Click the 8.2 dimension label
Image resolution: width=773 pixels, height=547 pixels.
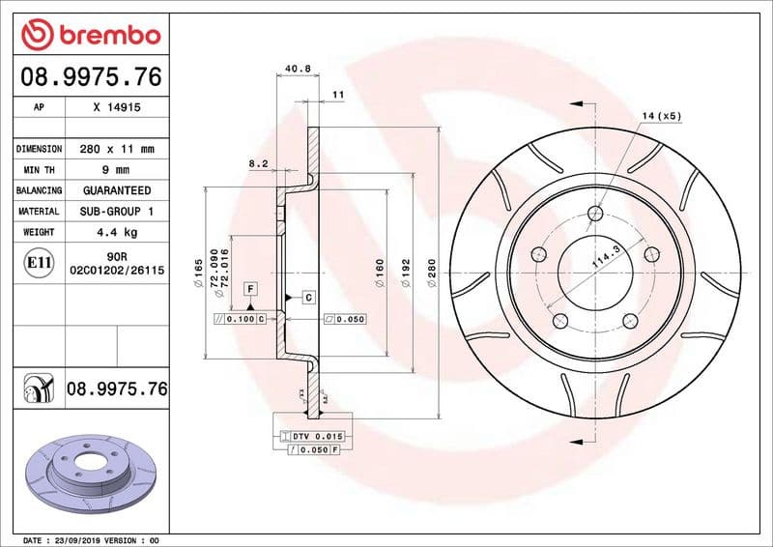[258, 164]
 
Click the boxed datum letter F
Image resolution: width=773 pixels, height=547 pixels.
[249, 288]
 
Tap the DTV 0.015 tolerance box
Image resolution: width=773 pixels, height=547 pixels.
[310, 437]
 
